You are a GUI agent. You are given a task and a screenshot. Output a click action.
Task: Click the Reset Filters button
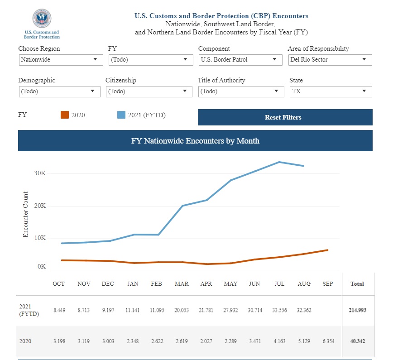coord(285,117)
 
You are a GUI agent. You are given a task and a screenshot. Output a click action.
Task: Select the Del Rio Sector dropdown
coord(330,59)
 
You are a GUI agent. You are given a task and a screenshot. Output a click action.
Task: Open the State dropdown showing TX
coord(331,91)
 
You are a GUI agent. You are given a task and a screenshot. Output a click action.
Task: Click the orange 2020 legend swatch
coord(64,115)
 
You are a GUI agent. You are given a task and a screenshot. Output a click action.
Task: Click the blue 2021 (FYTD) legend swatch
coord(121,115)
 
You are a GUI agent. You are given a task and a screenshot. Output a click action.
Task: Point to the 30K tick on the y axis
coord(40,173)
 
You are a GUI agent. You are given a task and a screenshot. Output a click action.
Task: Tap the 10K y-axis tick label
coord(40,239)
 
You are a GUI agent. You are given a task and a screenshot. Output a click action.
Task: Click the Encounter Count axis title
coord(26,214)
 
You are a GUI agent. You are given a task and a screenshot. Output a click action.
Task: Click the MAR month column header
coord(182,284)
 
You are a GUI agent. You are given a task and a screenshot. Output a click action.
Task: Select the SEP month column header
coord(328,284)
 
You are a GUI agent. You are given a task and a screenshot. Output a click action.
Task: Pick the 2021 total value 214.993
coord(357,310)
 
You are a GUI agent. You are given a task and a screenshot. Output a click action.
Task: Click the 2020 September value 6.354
coord(328,341)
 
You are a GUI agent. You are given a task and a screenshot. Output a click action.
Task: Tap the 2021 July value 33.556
coord(279,310)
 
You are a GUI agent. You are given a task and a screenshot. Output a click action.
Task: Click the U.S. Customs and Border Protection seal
coord(42,19)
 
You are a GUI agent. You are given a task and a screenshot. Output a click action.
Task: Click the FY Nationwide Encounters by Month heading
coord(195,141)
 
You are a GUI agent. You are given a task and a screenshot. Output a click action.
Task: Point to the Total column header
coord(357,284)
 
